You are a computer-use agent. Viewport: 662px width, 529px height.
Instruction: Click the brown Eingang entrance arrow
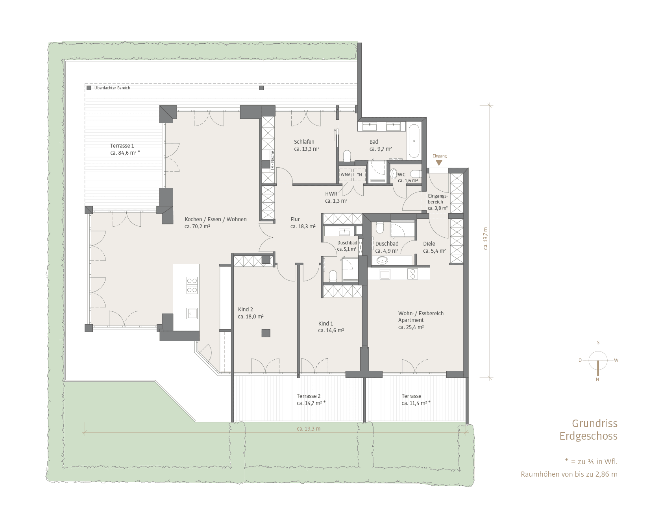(439, 163)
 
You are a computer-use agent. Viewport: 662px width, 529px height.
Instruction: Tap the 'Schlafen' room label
(304, 142)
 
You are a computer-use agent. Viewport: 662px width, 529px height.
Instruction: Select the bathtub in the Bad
(414, 141)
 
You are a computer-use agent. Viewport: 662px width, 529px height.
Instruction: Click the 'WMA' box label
(346, 174)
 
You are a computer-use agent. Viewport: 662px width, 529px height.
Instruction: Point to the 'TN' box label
(359, 174)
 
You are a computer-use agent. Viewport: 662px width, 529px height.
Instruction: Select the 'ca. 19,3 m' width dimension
(309, 429)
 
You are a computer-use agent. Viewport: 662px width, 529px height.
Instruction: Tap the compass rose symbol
(598, 361)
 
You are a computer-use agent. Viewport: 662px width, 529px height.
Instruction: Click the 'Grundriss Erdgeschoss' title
(589, 430)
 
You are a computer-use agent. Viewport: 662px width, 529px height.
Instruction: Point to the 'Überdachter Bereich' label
(112, 88)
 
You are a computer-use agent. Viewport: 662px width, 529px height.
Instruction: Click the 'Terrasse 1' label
(122, 146)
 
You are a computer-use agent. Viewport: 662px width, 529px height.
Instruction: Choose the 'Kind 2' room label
(245, 309)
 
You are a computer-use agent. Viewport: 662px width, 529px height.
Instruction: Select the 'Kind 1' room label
(325, 324)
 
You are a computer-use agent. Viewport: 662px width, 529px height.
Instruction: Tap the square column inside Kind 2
(266, 333)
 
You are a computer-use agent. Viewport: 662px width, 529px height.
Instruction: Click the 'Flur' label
(295, 219)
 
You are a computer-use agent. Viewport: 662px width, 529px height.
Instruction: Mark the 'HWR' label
(331, 194)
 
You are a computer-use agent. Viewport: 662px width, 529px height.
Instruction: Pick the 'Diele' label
(429, 244)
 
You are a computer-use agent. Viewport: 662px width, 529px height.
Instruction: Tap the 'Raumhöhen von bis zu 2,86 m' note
(569, 474)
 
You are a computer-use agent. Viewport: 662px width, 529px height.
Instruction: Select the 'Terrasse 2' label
(309, 396)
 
